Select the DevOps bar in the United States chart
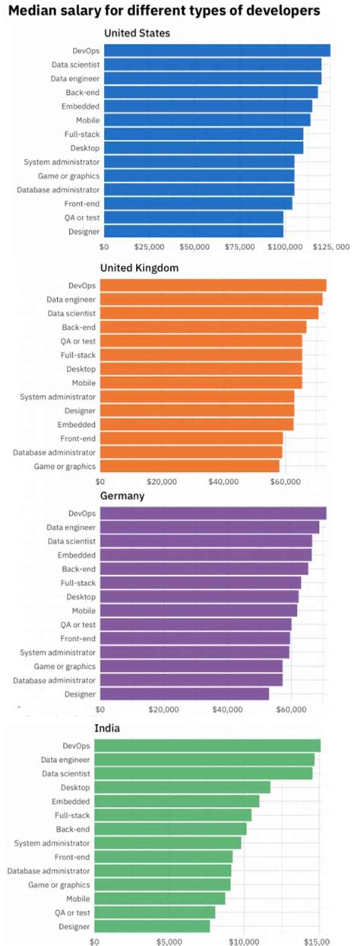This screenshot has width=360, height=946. click(x=216, y=50)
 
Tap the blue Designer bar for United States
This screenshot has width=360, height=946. click(x=193, y=231)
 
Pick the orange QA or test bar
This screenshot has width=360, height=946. click(x=201, y=341)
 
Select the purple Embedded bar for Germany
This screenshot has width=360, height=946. click(x=205, y=555)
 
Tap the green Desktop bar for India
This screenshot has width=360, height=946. click(x=182, y=787)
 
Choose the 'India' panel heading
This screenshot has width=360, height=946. click(x=107, y=728)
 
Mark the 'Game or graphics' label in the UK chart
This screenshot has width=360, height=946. click(x=65, y=466)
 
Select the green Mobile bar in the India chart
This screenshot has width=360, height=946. click(x=159, y=899)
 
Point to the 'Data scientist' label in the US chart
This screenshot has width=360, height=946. click(x=75, y=65)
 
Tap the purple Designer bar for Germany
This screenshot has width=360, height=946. click(x=184, y=694)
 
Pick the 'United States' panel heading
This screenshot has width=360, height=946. click(x=137, y=33)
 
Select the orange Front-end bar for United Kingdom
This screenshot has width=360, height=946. click(x=191, y=438)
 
